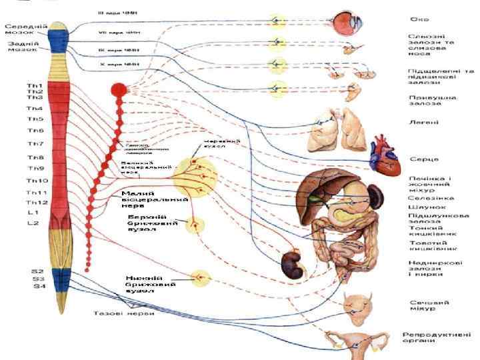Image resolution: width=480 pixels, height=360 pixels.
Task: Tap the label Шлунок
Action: coord(423,207)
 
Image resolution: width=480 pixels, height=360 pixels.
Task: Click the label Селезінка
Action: coord(431,198)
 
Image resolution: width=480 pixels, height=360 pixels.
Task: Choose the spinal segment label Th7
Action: coord(35,143)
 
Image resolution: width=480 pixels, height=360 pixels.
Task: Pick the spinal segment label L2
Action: coord(33,223)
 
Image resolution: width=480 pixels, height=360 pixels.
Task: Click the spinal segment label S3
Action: coord(39,279)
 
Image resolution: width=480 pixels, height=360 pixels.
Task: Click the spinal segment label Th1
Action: coord(35,86)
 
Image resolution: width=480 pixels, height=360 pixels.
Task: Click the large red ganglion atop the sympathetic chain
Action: coord(119,88)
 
